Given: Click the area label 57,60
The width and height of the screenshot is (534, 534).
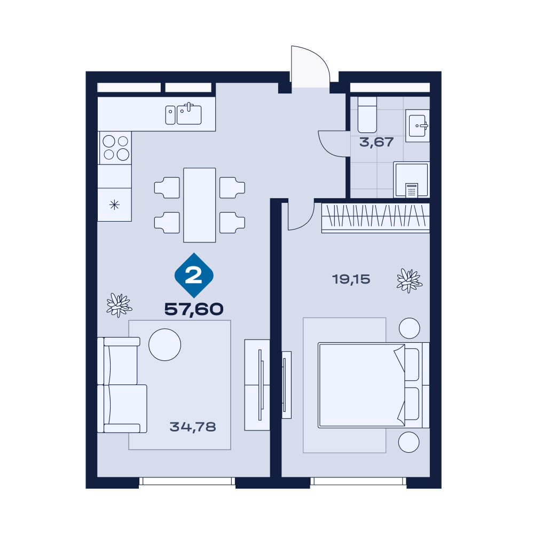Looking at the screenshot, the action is click(x=194, y=309).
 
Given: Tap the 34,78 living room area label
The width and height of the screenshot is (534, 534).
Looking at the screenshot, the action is click(x=193, y=427).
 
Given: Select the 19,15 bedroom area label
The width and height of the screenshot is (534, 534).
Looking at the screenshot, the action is click(x=351, y=279).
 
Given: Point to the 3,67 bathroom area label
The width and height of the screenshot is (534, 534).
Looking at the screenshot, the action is click(x=376, y=142).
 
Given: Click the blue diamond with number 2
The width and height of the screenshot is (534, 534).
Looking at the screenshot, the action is click(x=194, y=275).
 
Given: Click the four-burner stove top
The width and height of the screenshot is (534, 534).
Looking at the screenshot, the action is click(x=115, y=148).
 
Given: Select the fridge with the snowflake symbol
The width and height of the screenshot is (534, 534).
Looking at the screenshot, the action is click(x=114, y=205).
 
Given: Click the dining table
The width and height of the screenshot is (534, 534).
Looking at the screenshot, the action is click(x=200, y=205).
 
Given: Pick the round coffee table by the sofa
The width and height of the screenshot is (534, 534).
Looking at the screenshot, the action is click(x=165, y=344).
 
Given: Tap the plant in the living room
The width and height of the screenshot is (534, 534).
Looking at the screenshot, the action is click(x=119, y=305).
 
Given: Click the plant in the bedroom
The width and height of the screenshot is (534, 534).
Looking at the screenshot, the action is click(x=410, y=281).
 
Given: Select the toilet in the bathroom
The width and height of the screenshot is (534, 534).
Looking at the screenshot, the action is click(x=367, y=115).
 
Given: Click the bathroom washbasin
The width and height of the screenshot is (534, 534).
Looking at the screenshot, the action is click(x=418, y=125).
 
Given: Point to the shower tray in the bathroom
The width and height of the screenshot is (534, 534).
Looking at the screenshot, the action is click(x=411, y=179).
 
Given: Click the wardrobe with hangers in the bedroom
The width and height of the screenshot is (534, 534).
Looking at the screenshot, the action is click(x=375, y=218).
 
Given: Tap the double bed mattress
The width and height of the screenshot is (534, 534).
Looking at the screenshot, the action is click(x=362, y=385).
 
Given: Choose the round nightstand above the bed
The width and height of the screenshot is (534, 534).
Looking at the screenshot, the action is click(x=410, y=328).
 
